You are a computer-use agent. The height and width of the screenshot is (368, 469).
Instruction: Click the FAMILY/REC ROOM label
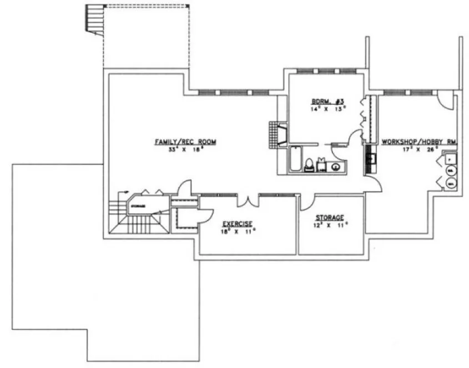click(185, 142)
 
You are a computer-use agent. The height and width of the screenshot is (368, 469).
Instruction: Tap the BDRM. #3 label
click(328, 101)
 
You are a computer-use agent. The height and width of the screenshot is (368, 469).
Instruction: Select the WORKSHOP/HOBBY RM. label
click(419, 142)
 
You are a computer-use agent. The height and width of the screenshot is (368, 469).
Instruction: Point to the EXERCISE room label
click(238, 223)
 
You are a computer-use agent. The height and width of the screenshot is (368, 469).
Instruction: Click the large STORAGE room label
click(330, 217)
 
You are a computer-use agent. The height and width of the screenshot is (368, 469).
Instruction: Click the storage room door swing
click(307, 202)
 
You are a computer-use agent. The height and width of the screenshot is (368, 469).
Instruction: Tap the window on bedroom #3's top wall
click(326, 71)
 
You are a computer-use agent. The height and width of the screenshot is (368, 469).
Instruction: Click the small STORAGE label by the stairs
click(139, 207)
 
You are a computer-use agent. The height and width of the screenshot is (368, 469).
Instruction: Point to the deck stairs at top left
click(95, 19)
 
